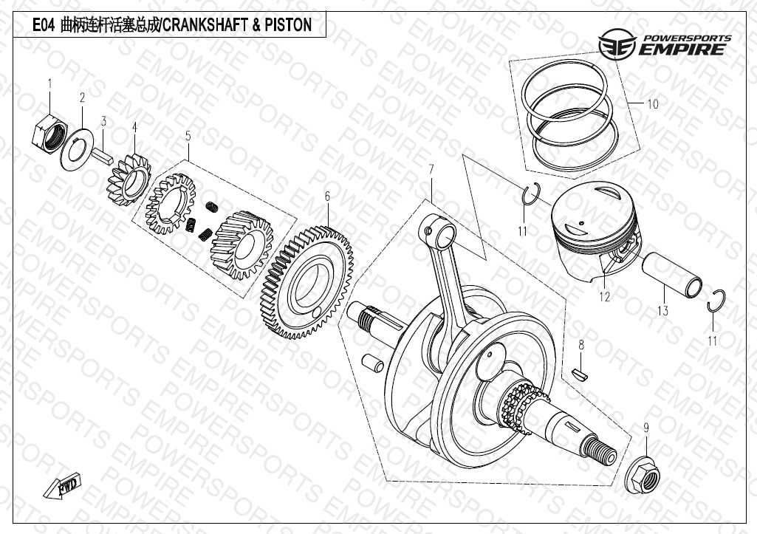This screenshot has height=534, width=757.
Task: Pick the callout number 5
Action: (188, 136)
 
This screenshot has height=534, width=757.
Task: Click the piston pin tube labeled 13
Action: (674, 275)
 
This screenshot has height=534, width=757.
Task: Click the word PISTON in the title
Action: (288, 26)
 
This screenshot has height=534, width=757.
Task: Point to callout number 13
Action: (662, 311)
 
